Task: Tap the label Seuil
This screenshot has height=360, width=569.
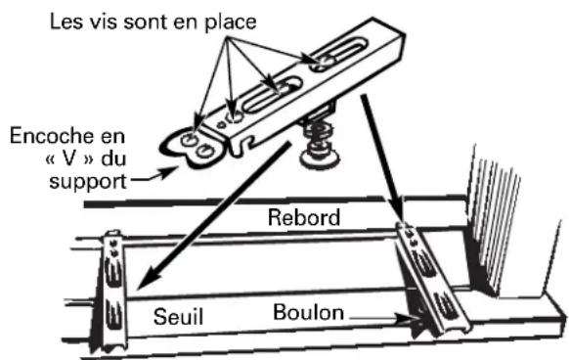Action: click(179, 316)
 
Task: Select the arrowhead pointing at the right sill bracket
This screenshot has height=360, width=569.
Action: click(401, 217)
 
